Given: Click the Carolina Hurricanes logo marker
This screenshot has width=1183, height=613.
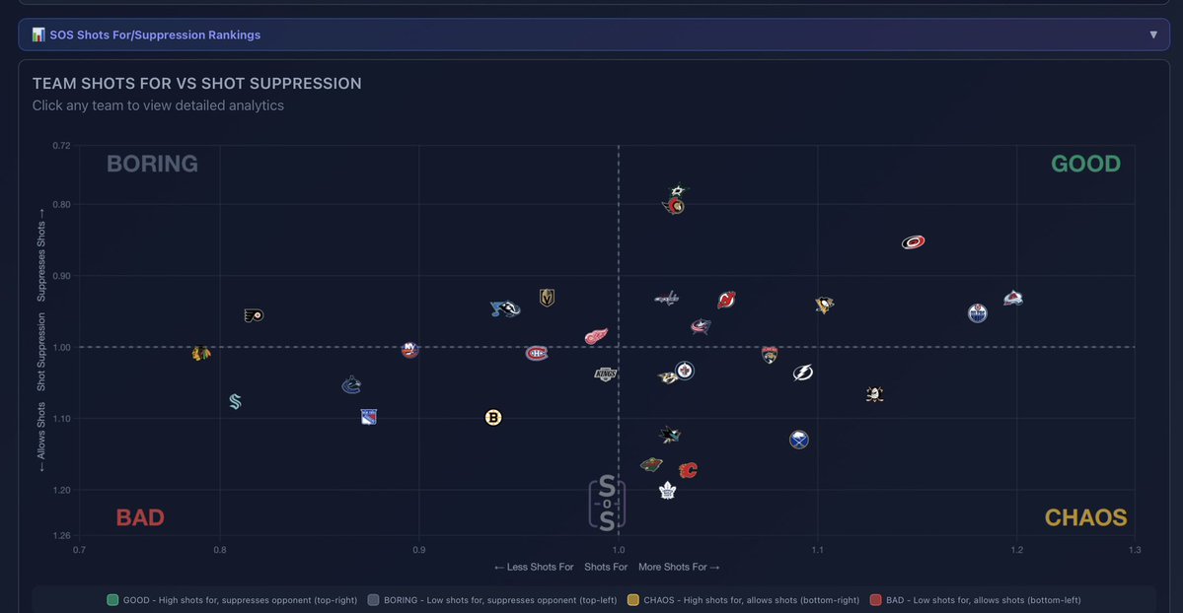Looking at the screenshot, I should click(914, 242).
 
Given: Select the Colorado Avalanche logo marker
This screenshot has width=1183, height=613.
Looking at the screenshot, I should click(1013, 298).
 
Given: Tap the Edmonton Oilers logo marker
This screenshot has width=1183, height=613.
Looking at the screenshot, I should click(978, 313).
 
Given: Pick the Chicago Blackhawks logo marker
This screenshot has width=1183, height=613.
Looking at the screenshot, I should click(201, 353).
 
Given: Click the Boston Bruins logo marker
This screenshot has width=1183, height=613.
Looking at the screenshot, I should click(493, 418).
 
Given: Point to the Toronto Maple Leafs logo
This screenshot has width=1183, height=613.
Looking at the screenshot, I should click(667, 490).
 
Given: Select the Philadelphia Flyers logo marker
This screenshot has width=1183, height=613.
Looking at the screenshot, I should click(254, 315).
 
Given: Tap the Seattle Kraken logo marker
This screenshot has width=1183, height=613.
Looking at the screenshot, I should click(235, 401).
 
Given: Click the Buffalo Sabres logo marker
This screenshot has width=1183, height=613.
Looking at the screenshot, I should click(799, 440).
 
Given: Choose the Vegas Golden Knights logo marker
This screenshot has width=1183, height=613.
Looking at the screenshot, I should click(547, 297).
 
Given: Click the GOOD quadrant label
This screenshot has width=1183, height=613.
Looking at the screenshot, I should click(1085, 164).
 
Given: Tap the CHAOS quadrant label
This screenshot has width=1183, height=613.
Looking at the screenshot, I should click(1085, 517).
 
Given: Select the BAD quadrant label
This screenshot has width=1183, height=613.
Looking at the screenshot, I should click(140, 517).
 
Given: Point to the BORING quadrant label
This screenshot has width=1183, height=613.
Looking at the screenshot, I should click(152, 164).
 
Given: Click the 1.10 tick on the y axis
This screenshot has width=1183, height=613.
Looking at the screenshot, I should click(61, 419).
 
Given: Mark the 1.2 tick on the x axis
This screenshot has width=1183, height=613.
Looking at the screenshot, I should click(1016, 550).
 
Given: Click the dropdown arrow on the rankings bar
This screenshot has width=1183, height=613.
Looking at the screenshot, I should click(1153, 34).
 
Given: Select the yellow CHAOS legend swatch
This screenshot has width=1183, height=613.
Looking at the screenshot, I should click(633, 599).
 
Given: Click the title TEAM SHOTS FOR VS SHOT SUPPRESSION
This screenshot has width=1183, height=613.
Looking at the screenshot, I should click(196, 84).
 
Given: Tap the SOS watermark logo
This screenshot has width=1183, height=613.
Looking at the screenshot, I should click(607, 505).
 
